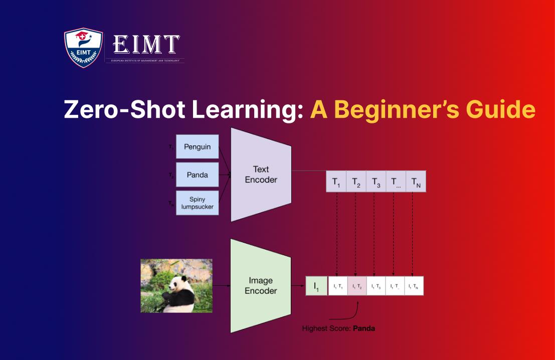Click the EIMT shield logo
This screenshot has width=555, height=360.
coord(83,48)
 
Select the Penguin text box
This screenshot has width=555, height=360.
coord(197,146)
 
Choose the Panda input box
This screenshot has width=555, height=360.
coord(197,174)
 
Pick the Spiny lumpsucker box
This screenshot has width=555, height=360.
coord(197,203)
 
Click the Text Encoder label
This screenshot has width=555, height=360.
coord(261,174)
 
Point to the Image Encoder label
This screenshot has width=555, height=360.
coord(261,285)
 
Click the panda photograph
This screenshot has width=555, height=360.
coord(176,285)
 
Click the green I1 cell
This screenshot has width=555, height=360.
coord(316,286)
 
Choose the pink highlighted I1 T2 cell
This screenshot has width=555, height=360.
coord(356,286)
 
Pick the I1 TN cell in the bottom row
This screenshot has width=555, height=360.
coord(414,286)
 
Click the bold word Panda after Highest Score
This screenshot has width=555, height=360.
coord(363,329)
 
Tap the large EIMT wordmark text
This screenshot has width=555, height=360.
coord(146,45)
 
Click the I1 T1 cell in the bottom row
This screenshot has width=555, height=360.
coord(338,286)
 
